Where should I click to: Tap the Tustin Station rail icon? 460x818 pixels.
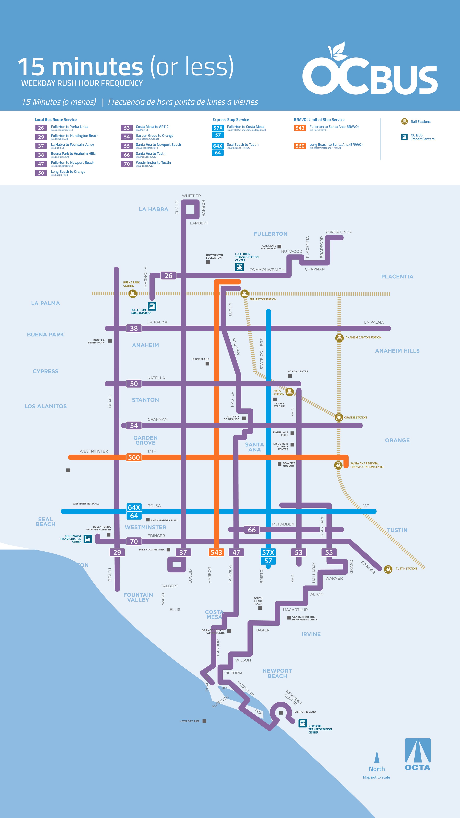(388, 569)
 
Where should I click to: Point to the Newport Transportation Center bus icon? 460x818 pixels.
(302, 723)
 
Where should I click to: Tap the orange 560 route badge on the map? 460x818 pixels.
(134, 457)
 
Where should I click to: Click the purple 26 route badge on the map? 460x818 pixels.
(168, 276)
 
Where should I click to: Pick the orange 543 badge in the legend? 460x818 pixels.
(300, 128)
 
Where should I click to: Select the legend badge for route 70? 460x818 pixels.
(127, 164)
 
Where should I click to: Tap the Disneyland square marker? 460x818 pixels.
(207, 364)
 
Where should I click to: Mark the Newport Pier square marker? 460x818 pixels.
(204, 721)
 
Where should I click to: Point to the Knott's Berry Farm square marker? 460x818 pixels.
(110, 341)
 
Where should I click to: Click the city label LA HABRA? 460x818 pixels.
(153, 209)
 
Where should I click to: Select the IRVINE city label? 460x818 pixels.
(311, 634)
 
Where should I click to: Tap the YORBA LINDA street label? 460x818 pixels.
(338, 232)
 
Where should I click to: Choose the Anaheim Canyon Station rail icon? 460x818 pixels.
(339, 338)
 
